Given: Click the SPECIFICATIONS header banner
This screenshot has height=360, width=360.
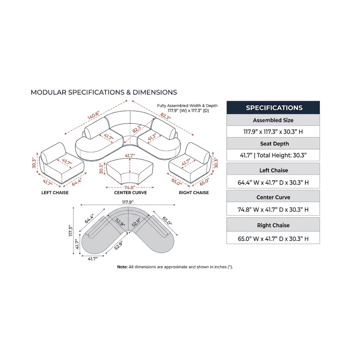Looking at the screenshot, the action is [x=273, y=107].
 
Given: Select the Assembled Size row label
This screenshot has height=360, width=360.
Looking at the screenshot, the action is [x=273, y=120].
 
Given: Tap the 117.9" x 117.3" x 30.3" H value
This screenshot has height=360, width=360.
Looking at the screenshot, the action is [x=273, y=132].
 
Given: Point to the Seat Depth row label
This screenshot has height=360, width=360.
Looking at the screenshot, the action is [x=275, y=144].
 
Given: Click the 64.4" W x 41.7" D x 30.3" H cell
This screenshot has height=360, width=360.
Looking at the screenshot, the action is [x=273, y=183].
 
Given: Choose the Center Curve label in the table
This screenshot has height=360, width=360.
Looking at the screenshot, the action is [x=273, y=197].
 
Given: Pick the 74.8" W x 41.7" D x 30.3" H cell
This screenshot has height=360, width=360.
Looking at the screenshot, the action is [x=273, y=209].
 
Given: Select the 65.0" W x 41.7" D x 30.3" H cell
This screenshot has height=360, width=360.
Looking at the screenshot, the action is [x=273, y=239].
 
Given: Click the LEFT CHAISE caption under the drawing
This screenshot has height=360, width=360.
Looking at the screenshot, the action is [x=55, y=192].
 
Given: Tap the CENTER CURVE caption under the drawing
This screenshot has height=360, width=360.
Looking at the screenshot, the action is [x=130, y=192].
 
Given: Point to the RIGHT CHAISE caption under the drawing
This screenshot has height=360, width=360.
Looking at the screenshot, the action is [x=194, y=192].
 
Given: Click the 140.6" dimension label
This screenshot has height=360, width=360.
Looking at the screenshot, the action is [x=93, y=115].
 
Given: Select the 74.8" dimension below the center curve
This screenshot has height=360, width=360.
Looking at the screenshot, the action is [x=130, y=188].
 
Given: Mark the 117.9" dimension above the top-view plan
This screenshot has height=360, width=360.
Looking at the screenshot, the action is [x=128, y=202].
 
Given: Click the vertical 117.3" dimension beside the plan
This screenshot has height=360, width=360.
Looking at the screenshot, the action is [x=71, y=230].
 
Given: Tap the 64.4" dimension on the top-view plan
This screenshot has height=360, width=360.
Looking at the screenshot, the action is [x=89, y=218].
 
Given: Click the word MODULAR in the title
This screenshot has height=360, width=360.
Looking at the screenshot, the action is [x=49, y=92].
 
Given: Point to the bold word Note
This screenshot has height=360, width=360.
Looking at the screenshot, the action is [x=122, y=267].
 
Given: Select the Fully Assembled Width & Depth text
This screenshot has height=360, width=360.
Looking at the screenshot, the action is [x=187, y=106].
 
